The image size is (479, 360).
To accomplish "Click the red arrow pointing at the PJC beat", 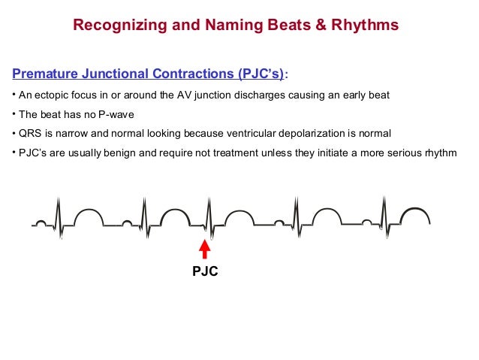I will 204,250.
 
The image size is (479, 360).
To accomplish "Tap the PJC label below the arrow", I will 204,271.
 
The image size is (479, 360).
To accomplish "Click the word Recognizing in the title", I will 113,26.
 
